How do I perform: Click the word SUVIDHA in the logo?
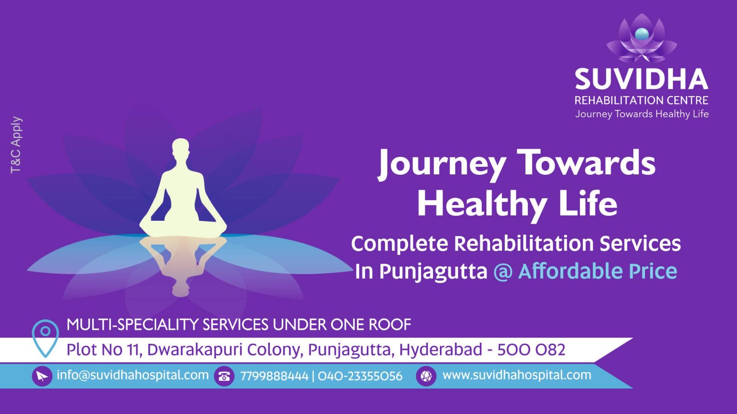[x=641, y=79]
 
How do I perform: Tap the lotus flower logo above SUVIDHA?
[x=642, y=39]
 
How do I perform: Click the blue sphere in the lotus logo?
[x=642, y=34]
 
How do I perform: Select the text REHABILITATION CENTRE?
[x=641, y=100]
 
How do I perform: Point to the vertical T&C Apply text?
[x=16, y=144]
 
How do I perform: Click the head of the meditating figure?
[x=181, y=148]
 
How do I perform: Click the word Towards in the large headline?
[x=586, y=163]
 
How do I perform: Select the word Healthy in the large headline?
[x=482, y=204]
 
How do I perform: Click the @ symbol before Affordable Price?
[x=503, y=271]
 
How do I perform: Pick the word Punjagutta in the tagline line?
[x=433, y=271]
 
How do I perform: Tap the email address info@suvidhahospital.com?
[x=133, y=375]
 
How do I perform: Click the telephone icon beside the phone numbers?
[x=224, y=376]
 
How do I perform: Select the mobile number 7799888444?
[x=274, y=376]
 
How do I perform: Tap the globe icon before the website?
[x=426, y=376]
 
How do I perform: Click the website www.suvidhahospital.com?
[x=517, y=375]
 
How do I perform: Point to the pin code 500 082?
[x=531, y=350]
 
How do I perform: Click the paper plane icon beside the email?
[x=42, y=376]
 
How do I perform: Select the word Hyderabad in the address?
[x=440, y=350]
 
